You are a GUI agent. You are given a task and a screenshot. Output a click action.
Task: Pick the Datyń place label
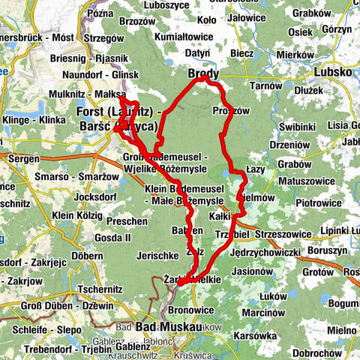pyautogui.click(x=196, y=53)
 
